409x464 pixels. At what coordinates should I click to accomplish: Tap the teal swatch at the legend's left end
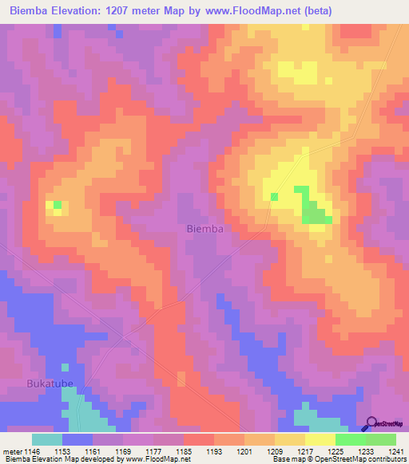click(x=47, y=439)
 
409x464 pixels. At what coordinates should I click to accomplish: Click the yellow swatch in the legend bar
click(x=320, y=439)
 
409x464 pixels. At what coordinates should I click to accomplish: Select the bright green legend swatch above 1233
click(x=350, y=439)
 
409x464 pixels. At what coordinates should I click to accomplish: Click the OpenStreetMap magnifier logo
click(x=372, y=423)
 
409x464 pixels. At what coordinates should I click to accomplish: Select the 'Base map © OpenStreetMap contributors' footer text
click(x=338, y=459)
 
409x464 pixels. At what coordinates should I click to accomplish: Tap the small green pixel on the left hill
click(x=57, y=205)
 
